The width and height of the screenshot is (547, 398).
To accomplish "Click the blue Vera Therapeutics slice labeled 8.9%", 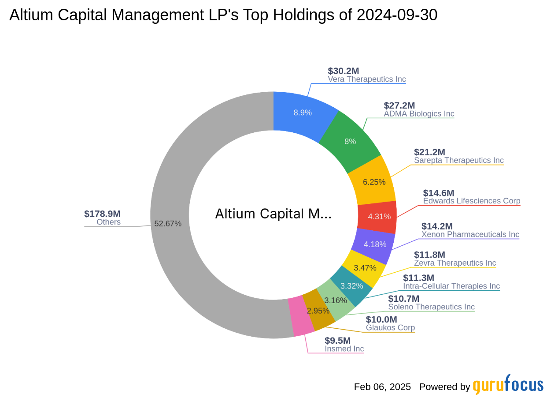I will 303,113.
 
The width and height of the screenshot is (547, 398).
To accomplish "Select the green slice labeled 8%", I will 350,141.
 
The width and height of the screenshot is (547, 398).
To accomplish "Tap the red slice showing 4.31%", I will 377,217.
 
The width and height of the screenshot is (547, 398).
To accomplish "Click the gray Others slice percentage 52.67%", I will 168,223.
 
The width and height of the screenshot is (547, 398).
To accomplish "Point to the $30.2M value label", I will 344,71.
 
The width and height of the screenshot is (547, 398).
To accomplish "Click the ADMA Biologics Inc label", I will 419,114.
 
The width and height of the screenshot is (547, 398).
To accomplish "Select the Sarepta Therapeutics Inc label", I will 458,161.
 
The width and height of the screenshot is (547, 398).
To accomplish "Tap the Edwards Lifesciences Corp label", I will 471,201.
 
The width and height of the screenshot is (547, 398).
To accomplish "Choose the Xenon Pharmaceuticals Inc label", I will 470,235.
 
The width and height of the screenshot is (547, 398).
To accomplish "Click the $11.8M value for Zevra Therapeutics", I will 429,255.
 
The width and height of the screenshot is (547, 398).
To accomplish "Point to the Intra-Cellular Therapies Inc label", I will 451,286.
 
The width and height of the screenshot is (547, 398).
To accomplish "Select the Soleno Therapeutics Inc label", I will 431,307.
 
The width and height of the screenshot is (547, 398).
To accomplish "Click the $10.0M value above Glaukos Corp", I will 381,319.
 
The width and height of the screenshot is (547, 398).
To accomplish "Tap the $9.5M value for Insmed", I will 338,341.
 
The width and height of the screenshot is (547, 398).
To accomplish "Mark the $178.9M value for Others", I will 102,214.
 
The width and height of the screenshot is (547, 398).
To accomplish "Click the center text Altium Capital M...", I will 273,214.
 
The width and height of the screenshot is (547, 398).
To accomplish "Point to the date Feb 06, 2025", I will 382,387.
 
